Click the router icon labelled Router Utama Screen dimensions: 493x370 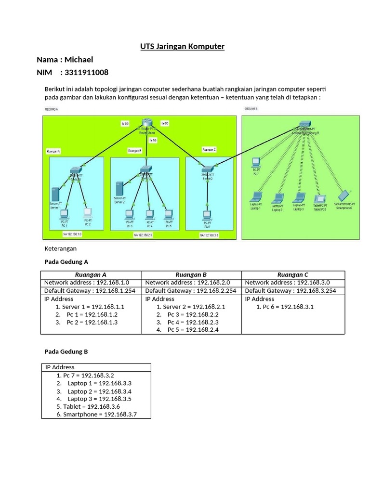pyautogui.click(x=146, y=124)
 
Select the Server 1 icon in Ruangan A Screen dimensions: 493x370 pyautogui.click(x=55, y=194)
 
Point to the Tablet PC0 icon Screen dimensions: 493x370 pyautogui.click(x=320, y=197)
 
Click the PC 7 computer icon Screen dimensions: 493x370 pyautogui.click(x=256, y=162)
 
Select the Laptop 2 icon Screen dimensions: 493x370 pyautogui.click(x=277, y=198)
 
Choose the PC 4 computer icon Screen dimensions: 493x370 pyautogui.click(x=149, y=214)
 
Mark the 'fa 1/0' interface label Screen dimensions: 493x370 pyautogui.click(x=153, y=140)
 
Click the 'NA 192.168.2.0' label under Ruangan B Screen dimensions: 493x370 pyautogui.click(x=143, y=235)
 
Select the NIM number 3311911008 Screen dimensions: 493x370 pyautogui.click(x=84, y=72)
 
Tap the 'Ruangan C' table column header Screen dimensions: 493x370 pyautogui.click(x=292, y=274)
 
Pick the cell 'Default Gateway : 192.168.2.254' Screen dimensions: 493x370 pyautogui.click(x=191, y=291)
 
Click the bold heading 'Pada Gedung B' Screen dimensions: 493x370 pyautogui.click(x=66, y=351)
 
